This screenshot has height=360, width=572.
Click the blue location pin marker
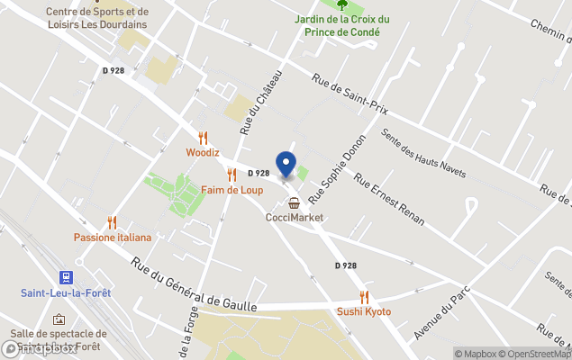pyautogui.click(x=286, y=165)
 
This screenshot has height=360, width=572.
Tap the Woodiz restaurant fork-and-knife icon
pyautogui.click(x=203, y=138)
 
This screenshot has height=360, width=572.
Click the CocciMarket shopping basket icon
pyautogui.click(x=295, y=202)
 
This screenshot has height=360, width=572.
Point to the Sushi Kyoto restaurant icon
pyautogui.click(x=364, y=296)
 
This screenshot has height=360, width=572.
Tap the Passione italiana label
pyautogui.click(x=113, y=237)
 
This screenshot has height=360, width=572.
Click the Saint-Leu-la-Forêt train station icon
pyautogui.click(x=66, y=277)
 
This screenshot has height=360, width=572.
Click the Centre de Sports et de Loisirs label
pyautogui.click(x=99, y=18)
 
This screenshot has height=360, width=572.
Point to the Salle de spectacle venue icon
pyautogui.click(x=59, y=319)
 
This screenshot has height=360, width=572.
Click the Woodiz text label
pyautogui.click(x=203, y=153)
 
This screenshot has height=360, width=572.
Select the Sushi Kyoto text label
pyautogui.click(x=364, y=311)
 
